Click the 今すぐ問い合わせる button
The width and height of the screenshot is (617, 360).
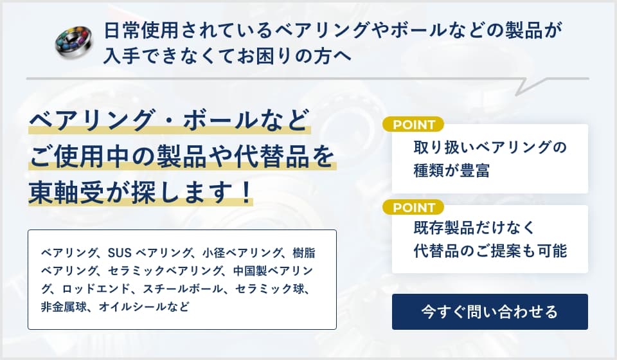click(490, 312)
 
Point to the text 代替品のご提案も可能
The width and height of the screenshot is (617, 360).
click(490, 251)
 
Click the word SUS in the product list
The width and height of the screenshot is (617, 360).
click(120, 251)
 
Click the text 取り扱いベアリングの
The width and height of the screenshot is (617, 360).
click(490, 147)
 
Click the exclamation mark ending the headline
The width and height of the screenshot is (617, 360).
click(246, 193)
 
